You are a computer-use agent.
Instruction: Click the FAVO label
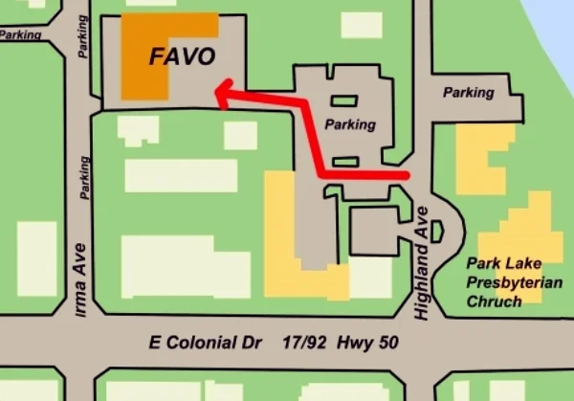click(182, 56)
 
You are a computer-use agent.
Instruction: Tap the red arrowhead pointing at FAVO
click(221, 94)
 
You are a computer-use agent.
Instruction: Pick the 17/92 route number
click(306, 342)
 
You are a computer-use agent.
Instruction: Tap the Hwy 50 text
click(369, 342)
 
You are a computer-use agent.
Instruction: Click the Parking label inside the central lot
click(350, 124)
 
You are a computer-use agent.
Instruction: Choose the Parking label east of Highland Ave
click(468, 93)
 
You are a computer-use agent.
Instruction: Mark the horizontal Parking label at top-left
click(20, 34)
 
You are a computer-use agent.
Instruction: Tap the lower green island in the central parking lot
click(344, 161)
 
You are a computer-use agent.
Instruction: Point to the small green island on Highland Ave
click(437, 232)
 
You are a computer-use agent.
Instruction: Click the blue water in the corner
click(561, 19)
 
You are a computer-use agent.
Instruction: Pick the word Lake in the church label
click(516, 263)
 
